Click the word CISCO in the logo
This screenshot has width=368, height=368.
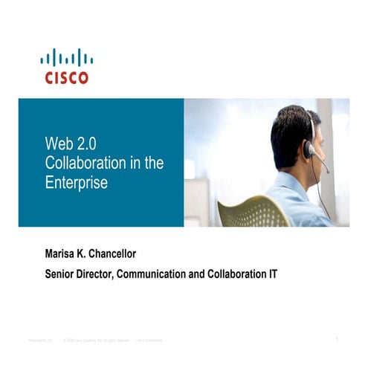click(x=66, y=77)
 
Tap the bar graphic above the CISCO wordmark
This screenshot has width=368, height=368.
click(x=66, y=58)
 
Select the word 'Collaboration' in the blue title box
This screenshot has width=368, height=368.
click(x=82, y=163)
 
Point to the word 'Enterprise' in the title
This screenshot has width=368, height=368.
click(x=76, y=181)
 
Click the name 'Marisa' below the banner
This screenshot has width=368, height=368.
click(x=63, y=254)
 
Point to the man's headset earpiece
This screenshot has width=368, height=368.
click(x=309, y=149)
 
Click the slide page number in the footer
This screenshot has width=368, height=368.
click(x=337, y=340)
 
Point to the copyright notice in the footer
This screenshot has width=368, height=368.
click(x=97, y=340)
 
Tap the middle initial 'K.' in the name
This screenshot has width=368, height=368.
click(x=84, y=254)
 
